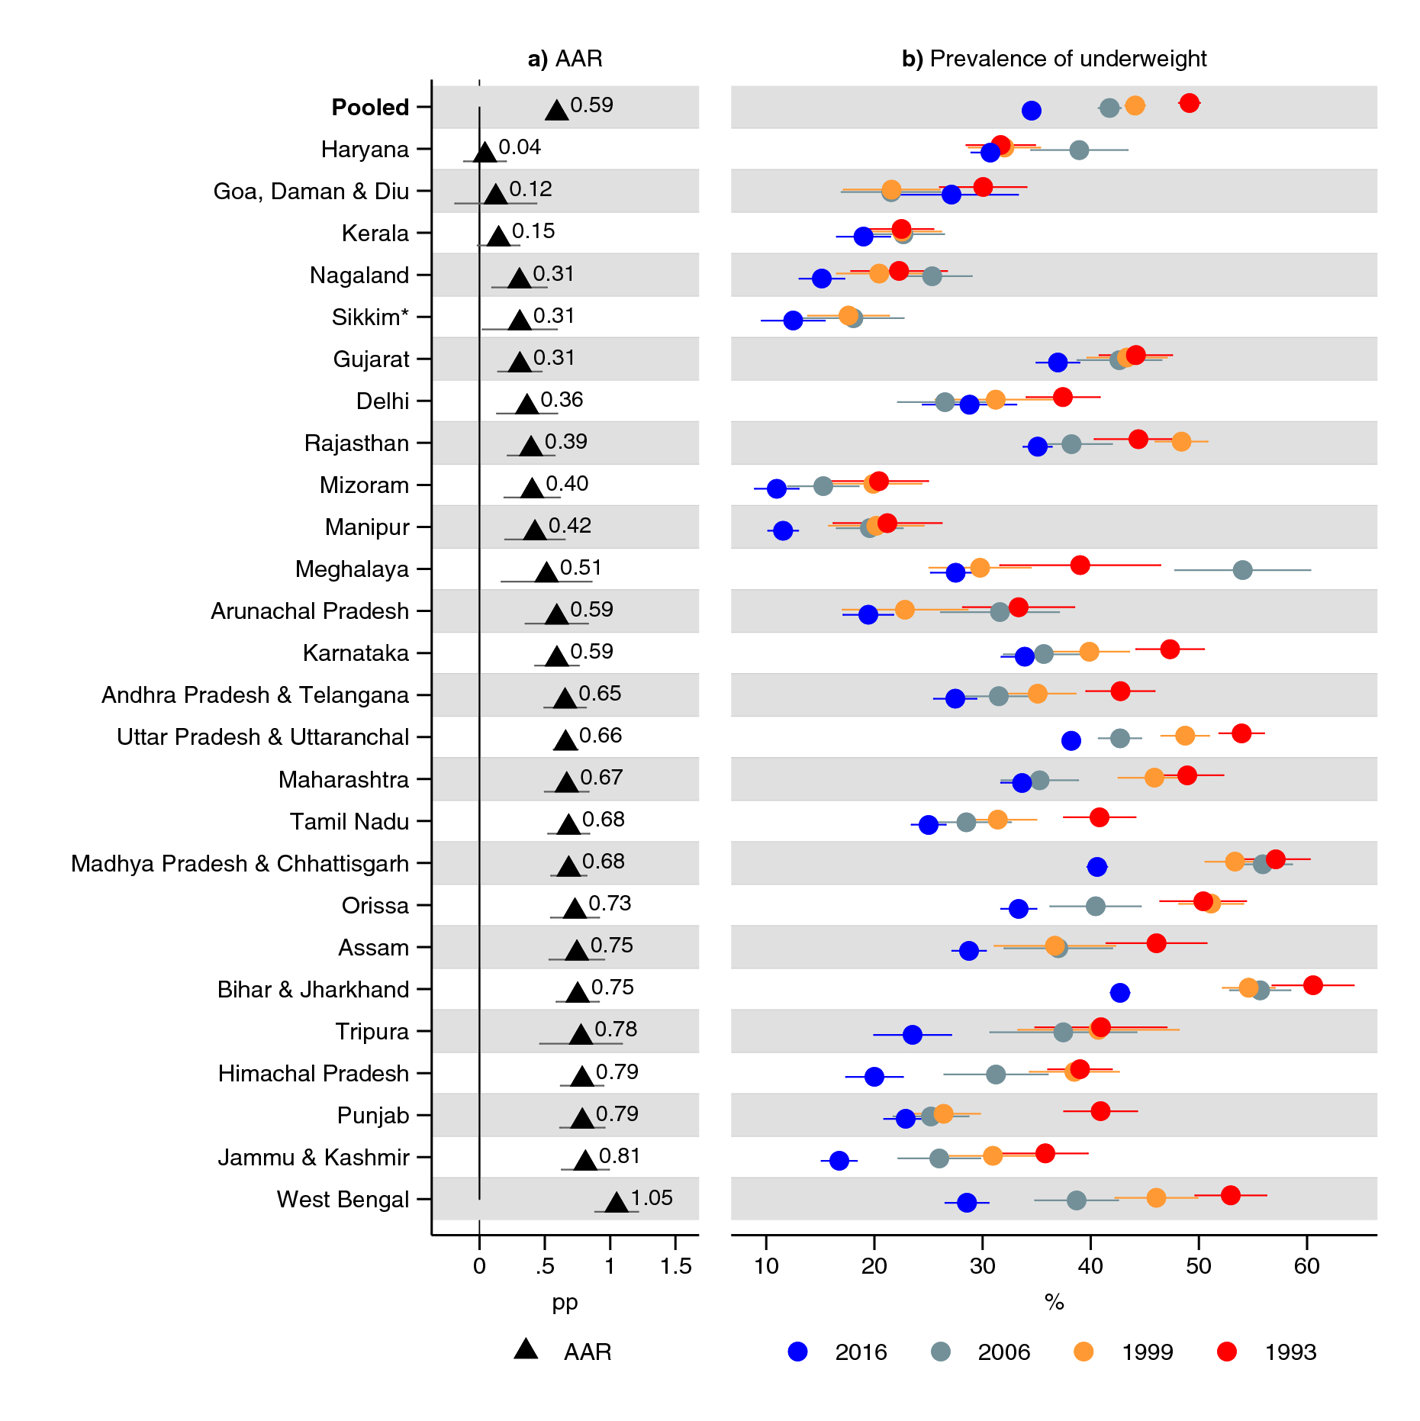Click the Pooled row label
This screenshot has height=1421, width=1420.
(x=370, y=108)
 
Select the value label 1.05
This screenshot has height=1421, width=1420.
(x=652, y=1197)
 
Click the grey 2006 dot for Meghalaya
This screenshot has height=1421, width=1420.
(x=1242, y=569)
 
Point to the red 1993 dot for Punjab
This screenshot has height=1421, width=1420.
(x=1100, y=1110)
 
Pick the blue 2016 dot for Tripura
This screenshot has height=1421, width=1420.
(x=912, y=1034)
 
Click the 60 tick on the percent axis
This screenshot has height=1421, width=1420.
(x=1306, y=1266)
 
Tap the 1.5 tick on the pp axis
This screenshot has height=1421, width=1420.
(x=675, y=1266)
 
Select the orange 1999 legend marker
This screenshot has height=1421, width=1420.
(x=1083, y=1352)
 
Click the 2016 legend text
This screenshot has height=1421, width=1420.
(x=861, y=1352)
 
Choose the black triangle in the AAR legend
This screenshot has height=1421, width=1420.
(x=526, y=1350)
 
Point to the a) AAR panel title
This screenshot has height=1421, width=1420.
(x=565, y=59)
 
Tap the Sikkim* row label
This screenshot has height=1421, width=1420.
(x=370, y=317)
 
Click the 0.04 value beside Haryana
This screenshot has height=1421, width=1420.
(x=520, y=147)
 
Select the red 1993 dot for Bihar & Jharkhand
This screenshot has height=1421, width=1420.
(x=1312, y=984)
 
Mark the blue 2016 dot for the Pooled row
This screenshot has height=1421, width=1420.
(x=1031, y=111)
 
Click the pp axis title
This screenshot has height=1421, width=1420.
(x=565, y=1302)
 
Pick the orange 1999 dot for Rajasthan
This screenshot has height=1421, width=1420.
(x=1181, y=441)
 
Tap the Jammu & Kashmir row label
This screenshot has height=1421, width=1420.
(x=314, y=1158)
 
